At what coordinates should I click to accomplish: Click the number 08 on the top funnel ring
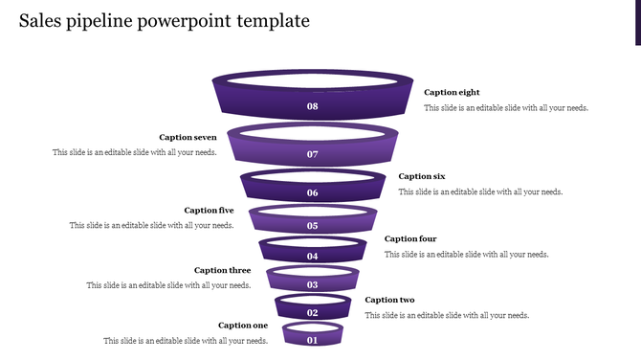pyautogui.click(x=312, y=106)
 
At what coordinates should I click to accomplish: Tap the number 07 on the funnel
pyautogui.click(x=312, y=154)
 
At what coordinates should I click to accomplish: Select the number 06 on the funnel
pyautogui.click(x=312, y=192)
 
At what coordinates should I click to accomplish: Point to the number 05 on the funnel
pyautogui.click(x=312, y=226)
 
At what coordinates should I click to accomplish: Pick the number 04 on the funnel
pyautogui.click(x=312, y=257)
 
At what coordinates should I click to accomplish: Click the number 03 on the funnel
pyautogui.click(x=312, y=285)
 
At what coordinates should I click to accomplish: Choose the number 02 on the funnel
pyautogui.click(x=312, y=313)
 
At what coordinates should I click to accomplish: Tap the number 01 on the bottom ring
pyautogui.click(x=312, y=340)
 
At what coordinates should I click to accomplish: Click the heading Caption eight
pyautogui.click(x=452, y=93)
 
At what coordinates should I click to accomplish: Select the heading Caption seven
pyautogui.click(x=188, y=138)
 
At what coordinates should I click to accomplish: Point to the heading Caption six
pyautogui.click(x=422, y=176)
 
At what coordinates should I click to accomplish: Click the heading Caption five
pyautogui.click(x=209, y=211)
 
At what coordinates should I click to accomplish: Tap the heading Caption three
pyautogui.click(x=222, y=271)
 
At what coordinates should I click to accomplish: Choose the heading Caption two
pyautogui.click(x=389, y=301)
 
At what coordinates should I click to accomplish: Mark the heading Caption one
pyautogui.click(x=243, y=326)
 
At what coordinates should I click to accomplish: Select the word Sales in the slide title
pyautogui.click(x=39, y=21)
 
